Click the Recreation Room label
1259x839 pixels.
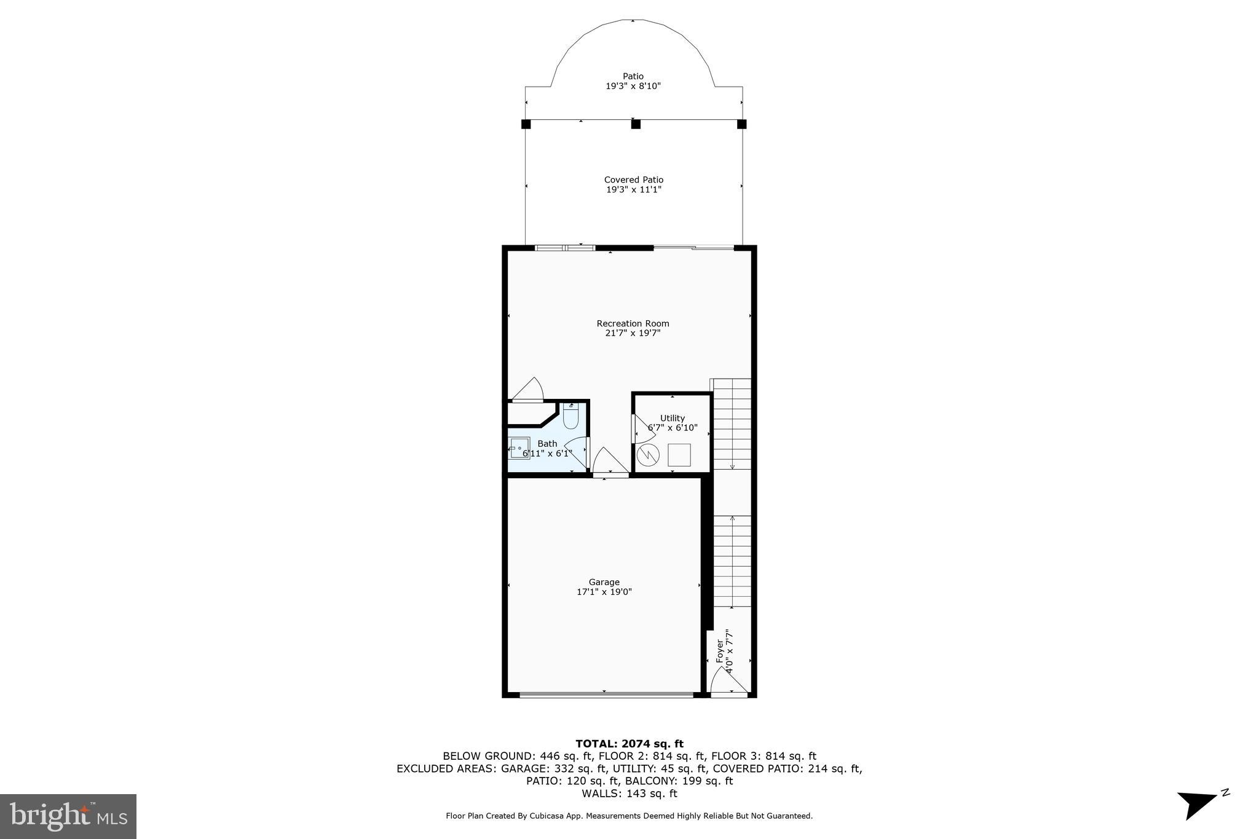point(633,323)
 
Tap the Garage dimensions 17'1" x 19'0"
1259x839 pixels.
point(604,592)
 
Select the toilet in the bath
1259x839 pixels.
point(570,417)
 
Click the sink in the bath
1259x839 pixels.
point(519,448)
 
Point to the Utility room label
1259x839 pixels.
point(672,418)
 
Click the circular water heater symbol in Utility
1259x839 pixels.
point(648,455)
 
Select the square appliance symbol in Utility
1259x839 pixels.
point(679,455)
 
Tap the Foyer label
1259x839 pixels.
point(719,651)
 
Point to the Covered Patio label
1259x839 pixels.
point(633,179)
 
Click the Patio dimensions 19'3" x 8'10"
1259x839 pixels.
point(633,87)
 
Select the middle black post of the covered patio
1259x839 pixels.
point(636,124)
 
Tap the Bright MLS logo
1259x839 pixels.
point(68,816)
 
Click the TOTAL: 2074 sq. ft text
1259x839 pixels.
point(629,744)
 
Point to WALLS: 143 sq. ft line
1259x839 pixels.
point(629,794)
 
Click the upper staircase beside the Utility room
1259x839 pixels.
point(732,424)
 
